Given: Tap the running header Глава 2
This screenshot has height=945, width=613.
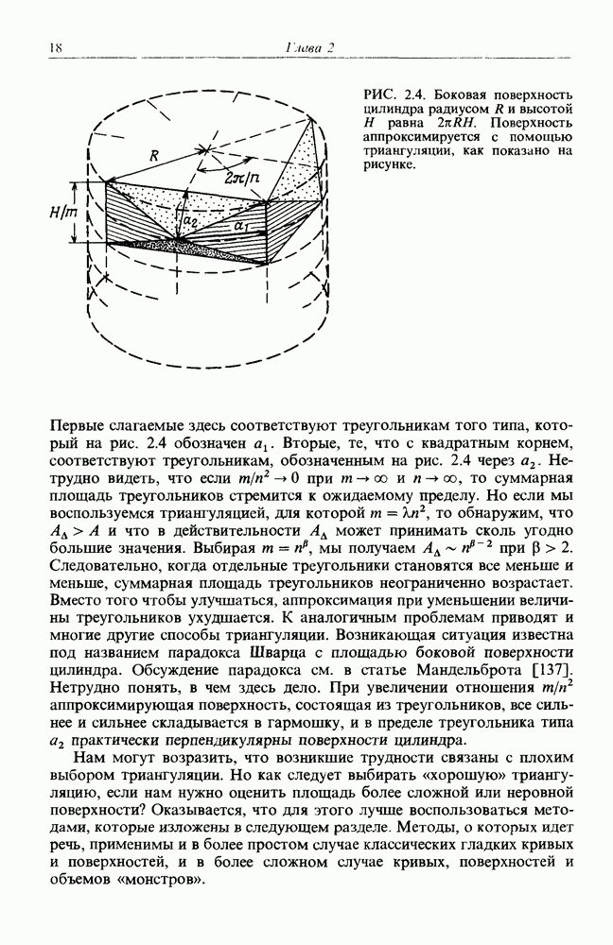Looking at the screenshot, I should pyautogui.click(x=306, y=48).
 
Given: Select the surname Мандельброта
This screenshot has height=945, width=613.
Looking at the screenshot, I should pyautogui.click(x=469, y=671).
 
